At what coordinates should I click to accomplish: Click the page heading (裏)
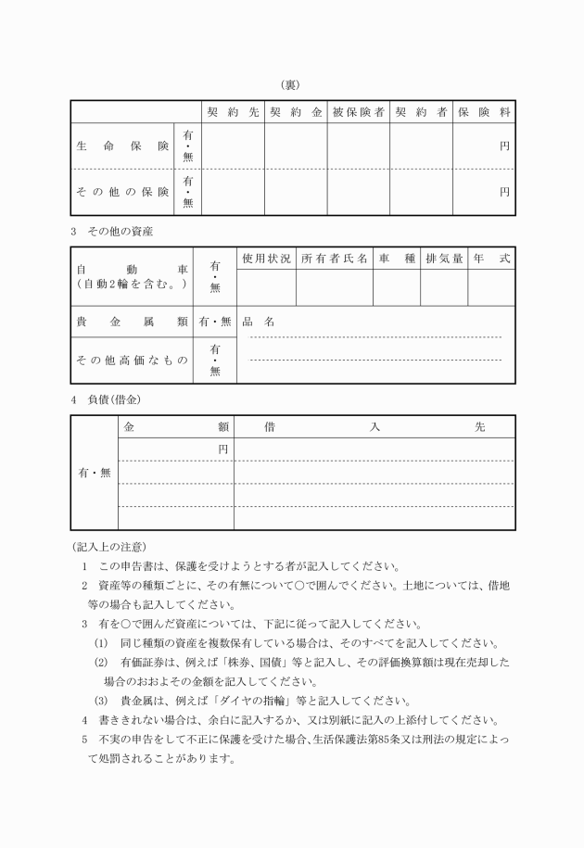point(292,84)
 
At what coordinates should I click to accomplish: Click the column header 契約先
point(233,112)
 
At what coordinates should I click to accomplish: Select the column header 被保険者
point(358,112)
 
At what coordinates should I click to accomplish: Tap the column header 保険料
point(484,112)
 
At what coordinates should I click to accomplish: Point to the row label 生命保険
point(122,146)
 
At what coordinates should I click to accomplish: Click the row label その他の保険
point(122,192)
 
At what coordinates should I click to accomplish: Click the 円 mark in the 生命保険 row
point(505,146)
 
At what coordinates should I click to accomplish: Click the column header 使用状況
point(266,259)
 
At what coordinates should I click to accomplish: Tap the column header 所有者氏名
point(335,259)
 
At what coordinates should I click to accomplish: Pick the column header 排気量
point(444,259)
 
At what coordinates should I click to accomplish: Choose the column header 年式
point(491,259)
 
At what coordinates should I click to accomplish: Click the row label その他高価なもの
point(130,360)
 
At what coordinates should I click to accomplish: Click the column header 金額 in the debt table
point(175,427)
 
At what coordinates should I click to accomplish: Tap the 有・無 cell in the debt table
point(94,473)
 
